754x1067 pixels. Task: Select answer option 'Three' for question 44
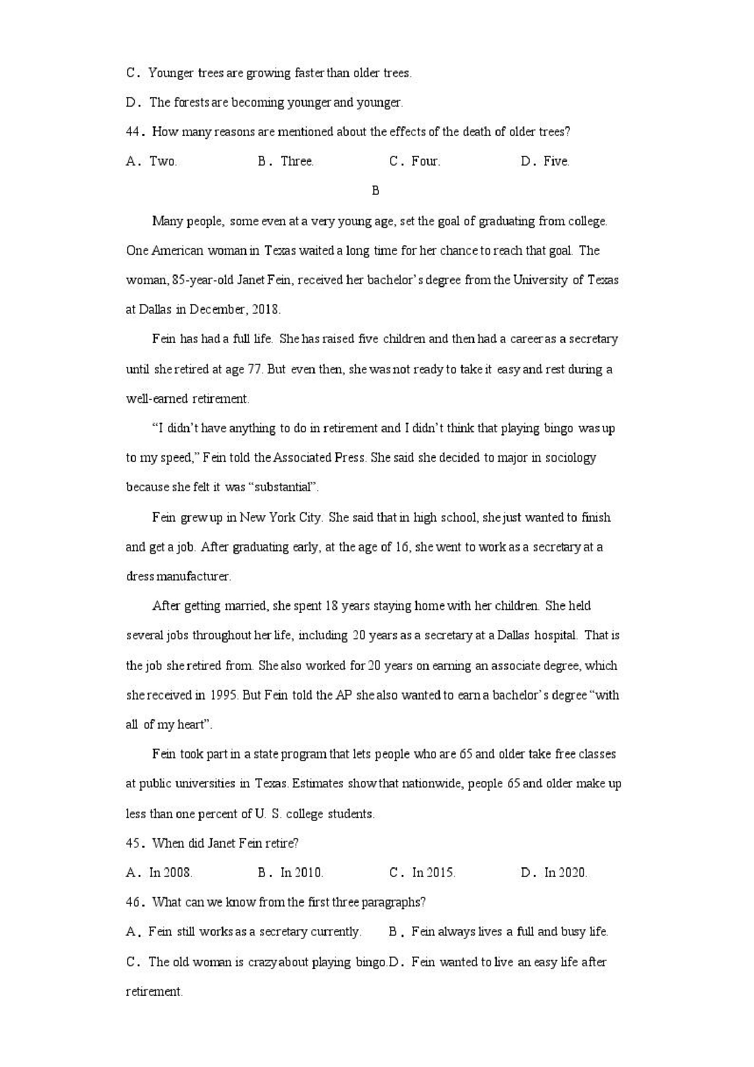click(297, 161)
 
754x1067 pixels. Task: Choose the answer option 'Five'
click(556, 161)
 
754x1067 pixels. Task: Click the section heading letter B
click(376, 191)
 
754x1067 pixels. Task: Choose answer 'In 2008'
click(170, 872)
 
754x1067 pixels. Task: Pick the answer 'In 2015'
click(433, 872)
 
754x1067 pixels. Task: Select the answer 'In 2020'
click(565, 872)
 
